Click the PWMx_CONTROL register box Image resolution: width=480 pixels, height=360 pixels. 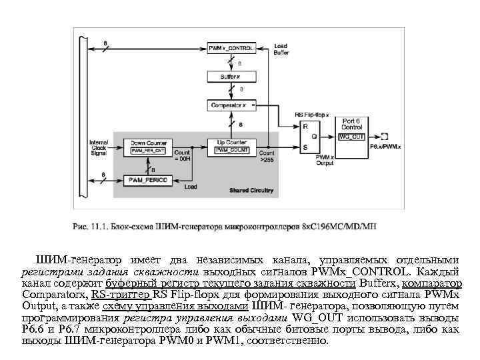coord(231,49)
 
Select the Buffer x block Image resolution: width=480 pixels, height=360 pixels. coord(231,77)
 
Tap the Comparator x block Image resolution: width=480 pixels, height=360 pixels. coord(231,105)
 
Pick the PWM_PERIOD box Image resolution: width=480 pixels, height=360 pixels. coord(148,180)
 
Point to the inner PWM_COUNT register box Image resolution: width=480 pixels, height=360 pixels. coord(231,151)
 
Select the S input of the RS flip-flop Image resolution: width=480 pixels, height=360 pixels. coord(306,146)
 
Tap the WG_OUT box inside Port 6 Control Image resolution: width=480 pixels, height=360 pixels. coord(351,136)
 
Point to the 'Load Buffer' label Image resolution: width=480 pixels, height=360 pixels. coord(281,49)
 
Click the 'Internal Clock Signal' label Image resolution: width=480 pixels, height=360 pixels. coord(99,147)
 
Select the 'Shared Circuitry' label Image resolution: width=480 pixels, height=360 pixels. coord(251,190)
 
